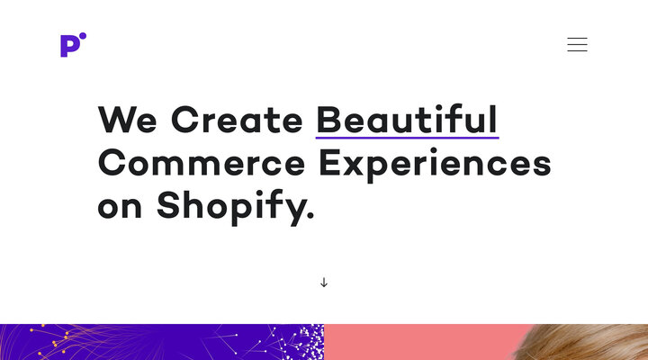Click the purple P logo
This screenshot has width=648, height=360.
68,46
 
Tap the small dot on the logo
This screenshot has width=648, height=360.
83,37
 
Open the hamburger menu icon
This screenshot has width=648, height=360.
577,44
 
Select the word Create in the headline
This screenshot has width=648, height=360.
237,120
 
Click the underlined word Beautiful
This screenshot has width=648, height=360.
407,120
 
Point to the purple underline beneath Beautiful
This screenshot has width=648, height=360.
407,138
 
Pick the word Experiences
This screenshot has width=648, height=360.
435,164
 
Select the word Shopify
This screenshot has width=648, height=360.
229,207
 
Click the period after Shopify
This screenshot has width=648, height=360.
310,217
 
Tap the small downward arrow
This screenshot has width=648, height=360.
324,283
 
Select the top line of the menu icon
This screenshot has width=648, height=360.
577,38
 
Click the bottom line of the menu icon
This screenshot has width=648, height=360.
577,50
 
